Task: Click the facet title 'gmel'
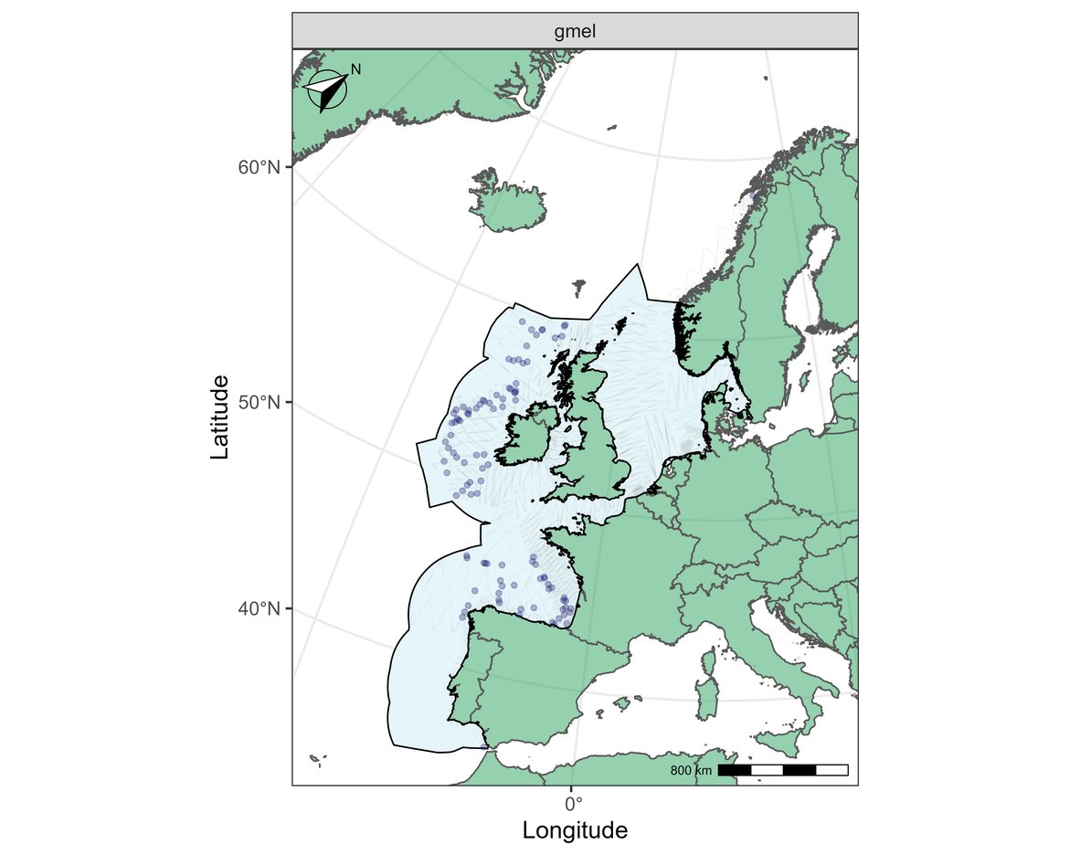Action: [x=575, y=33]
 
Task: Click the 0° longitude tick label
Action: [x=573, y=804]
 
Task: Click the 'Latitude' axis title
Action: [x=219, y=417]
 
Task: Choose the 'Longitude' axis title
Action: [x=575, y=830]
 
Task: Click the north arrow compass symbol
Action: [x=326, y=90]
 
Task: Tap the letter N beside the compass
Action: [x=356, y=69]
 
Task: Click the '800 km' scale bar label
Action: [x=691, y=771]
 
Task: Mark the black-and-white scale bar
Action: [x=783, y=770]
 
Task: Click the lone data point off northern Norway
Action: [x=752, y=195]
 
